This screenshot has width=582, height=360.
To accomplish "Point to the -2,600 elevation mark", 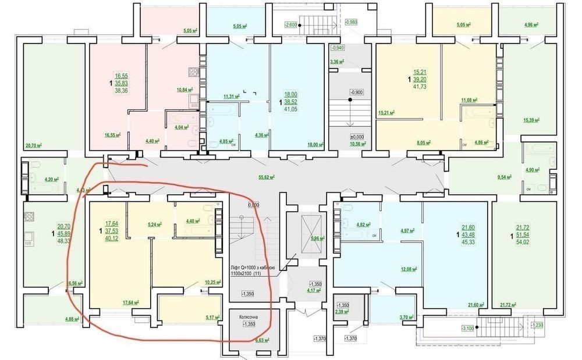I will pos(290,24).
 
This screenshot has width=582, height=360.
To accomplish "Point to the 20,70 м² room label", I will pos(35,146).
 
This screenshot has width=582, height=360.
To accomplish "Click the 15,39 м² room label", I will pos(530,120).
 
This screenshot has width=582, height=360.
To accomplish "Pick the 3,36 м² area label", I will pos(336,62).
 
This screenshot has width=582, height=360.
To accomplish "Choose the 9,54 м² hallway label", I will pos(507,175).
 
